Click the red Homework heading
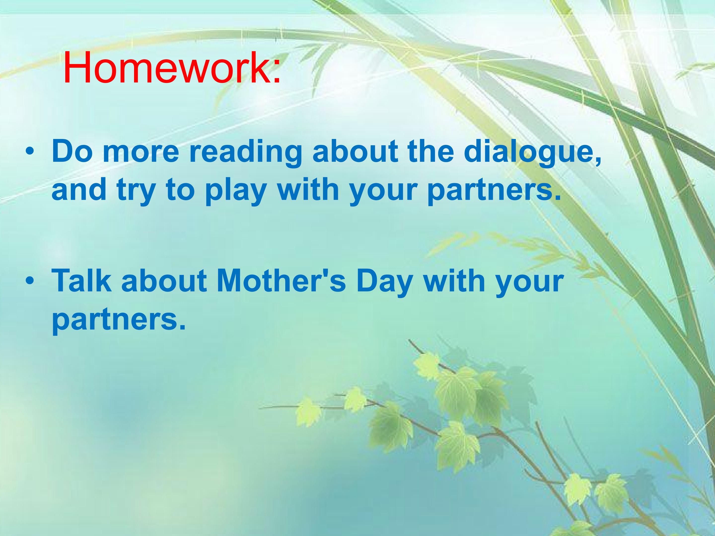tap(172, 67)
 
